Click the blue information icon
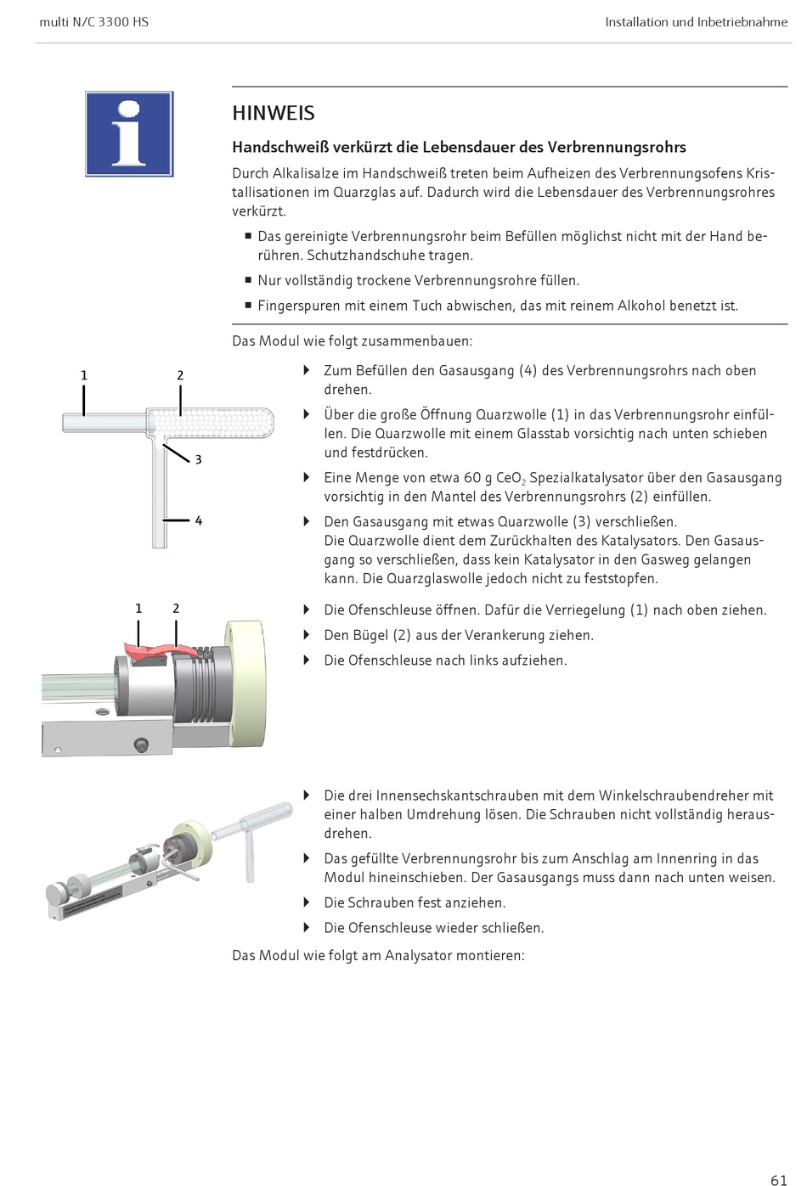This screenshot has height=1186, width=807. click(x=129, y=134)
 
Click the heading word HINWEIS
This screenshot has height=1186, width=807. click(x=274, y=113)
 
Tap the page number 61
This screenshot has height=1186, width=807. click(x=779, y=1179)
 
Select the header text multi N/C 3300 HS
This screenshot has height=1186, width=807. click(x=94, y=22)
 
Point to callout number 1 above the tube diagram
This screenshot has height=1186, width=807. click(x=84, y=375)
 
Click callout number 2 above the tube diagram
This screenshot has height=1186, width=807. click(x=180, y=375)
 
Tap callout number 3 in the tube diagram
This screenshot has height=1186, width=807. click(x=198, y=459)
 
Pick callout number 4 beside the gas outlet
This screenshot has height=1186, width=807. click(x=198, y=520)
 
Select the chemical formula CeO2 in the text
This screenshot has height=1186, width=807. click(x=511, y=478)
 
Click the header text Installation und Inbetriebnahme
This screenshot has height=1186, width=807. click(x=696, y=22)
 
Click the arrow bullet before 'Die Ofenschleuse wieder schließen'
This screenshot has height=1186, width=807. click(x=307, y=927)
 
